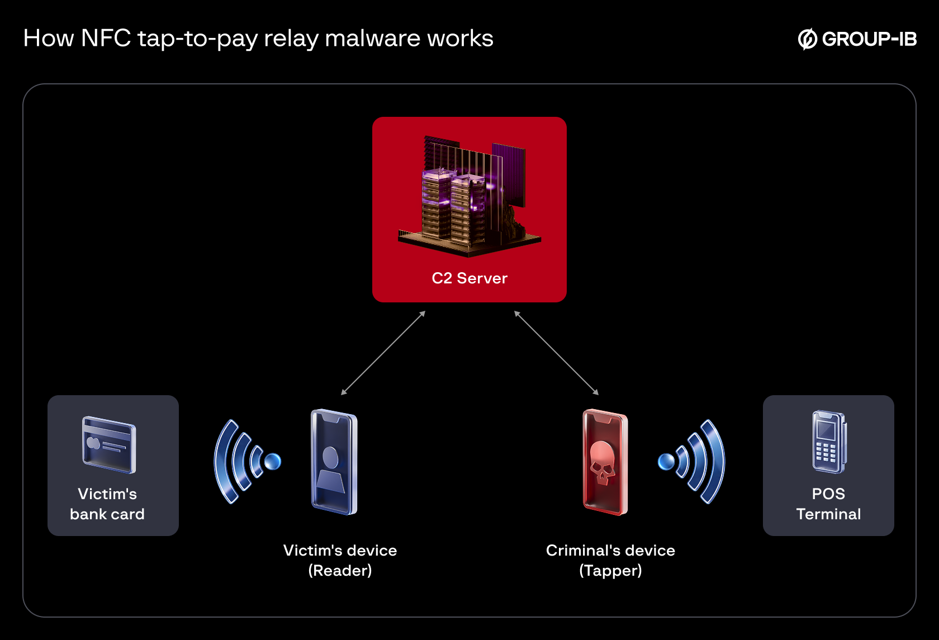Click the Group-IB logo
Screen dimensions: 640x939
[x=857, y=39]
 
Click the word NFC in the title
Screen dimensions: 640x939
[x=106, y=38]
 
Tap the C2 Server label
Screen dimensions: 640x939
[x=469, y=278]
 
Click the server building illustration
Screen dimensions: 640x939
[x=469, y=196]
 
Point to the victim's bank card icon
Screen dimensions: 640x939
[x=109, y=445]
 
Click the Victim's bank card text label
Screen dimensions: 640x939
[x=107, y=504]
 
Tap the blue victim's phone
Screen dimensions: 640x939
[x=334, y=462]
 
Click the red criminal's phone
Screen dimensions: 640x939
[x=605, y=462]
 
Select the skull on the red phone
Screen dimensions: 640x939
[x=602, y=462]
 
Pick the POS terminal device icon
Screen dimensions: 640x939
[x=829, y=442]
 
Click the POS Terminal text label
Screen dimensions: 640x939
[x=828, y=504]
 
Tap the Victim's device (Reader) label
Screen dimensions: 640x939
[x=340, y=560]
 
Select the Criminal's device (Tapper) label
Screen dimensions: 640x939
[x=610, y=560]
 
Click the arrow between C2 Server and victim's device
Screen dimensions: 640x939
[x=383, y=353]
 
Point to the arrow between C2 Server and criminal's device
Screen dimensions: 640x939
[x=556, y=353]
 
